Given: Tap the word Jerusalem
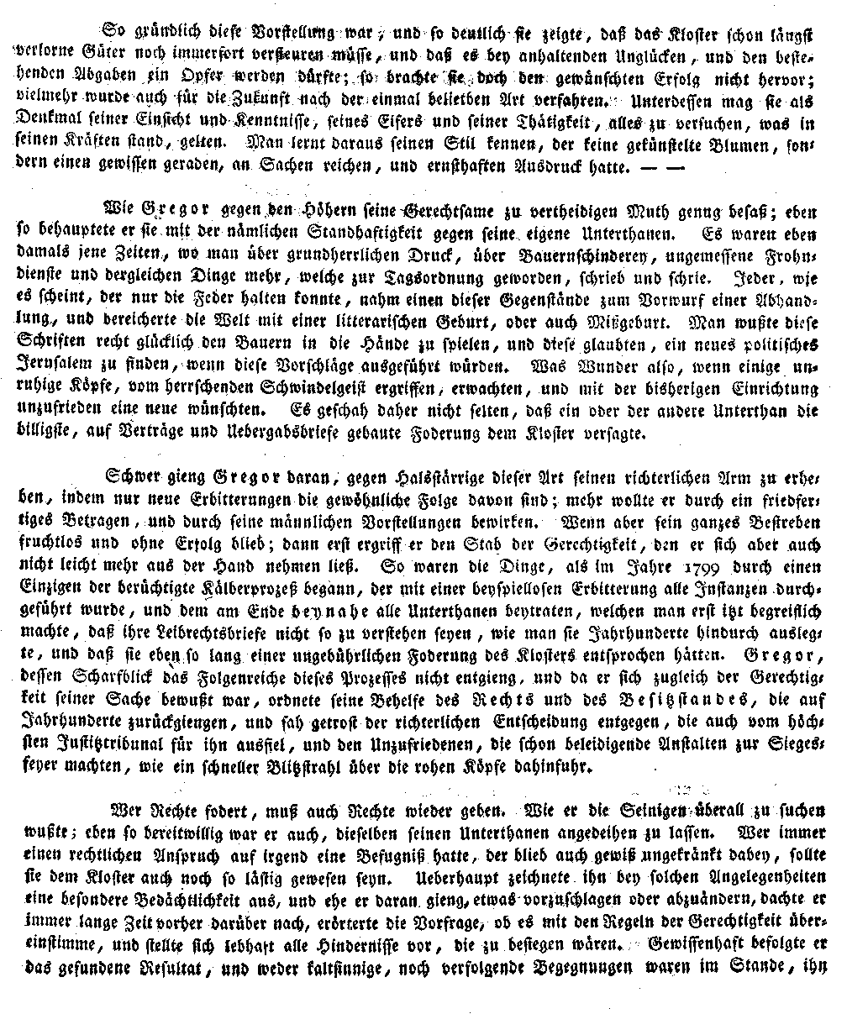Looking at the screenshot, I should pyautogui.click(x=52, y=366).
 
